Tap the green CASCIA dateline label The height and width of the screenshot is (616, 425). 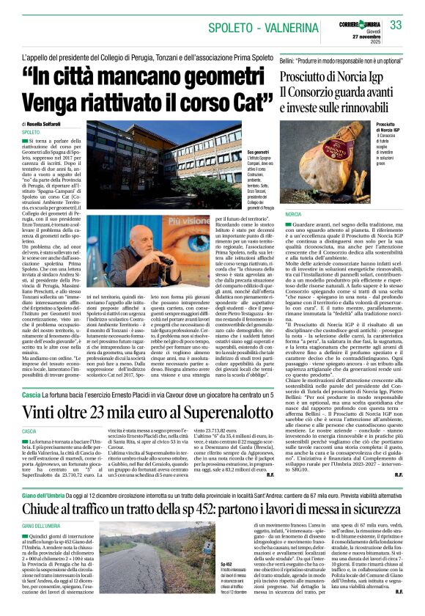pos(30,432)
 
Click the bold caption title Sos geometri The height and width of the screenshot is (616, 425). pos(237,150)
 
